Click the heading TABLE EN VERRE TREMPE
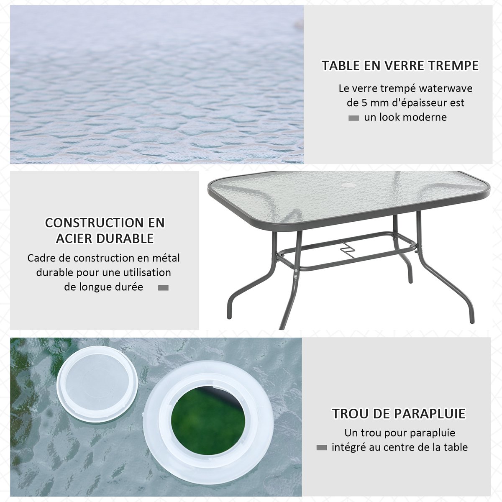(400, 65)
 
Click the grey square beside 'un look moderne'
(353, 118)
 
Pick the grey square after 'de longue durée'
(163, 287)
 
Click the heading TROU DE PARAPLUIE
(399, 413)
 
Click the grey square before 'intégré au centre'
(321, 448)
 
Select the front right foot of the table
(472, 320)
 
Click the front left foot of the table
(229, 315)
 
